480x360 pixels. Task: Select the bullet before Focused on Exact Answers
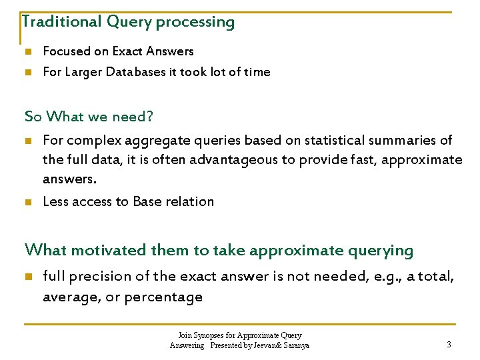27,51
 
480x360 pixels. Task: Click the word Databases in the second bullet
149,72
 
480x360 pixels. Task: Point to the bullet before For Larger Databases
27,72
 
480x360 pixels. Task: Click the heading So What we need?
89,117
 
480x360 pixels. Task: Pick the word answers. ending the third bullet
69,179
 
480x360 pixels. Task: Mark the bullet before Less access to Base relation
27,201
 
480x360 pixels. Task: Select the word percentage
169,297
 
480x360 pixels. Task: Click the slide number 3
449,345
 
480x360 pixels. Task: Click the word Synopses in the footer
207,335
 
